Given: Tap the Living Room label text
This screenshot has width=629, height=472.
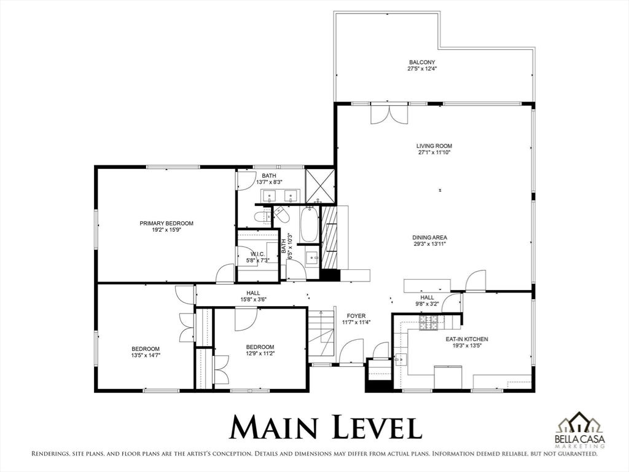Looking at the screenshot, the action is (x=434, y=146).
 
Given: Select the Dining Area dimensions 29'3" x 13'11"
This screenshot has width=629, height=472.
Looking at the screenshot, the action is (x=430, y=243).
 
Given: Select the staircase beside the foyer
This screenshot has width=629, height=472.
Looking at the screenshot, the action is (x=321, y=333).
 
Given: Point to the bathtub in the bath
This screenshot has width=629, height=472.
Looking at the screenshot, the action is (x=310, y=224).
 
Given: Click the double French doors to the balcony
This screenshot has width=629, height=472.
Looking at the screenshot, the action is (x=389, y=114).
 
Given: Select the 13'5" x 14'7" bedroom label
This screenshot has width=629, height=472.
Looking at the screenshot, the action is (x=146, y=352).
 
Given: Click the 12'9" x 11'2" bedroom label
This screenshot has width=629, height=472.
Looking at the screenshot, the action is (x=260, y=350).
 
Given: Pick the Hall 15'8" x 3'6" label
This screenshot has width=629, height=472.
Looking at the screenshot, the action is (x=254, y=296).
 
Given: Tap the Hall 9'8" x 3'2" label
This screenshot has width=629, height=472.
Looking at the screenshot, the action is (x=428, y=301).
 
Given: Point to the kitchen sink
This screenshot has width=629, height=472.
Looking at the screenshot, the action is (x=400, y=358).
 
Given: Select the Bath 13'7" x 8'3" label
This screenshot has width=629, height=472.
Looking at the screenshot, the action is (x=269, y=179).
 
